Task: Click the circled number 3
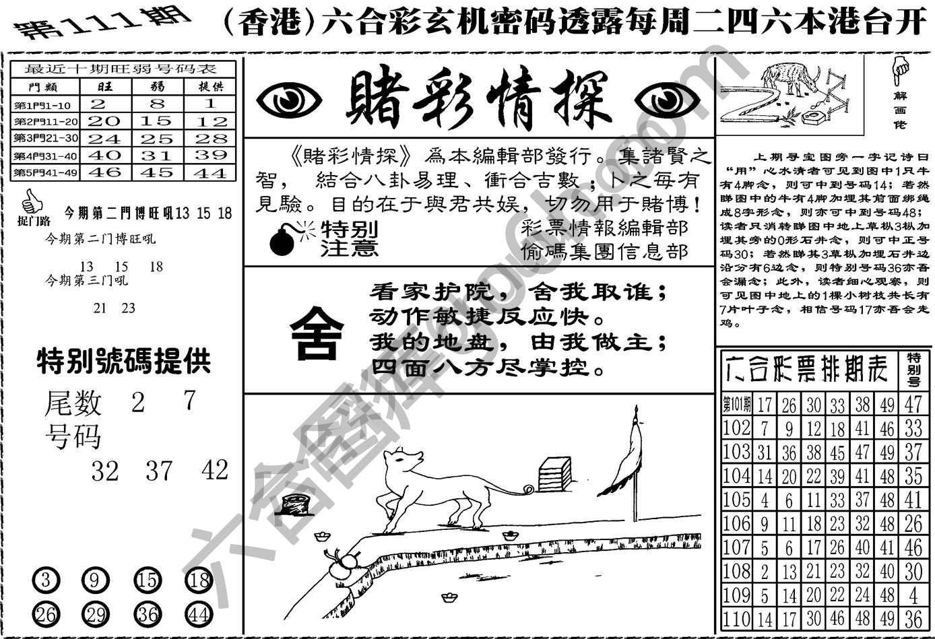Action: [x=46, y=580]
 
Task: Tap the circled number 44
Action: [x=198, y=614]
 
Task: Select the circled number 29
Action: [x=96, y=614]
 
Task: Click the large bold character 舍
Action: [x=317, y=332]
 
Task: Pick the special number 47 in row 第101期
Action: [x=913, y=404]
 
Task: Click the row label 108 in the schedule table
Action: [x=736, y=572]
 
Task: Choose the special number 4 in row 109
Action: [x=913, y=596]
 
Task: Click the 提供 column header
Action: [x=212, y=86]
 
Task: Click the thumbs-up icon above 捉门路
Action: [x=30, y=201]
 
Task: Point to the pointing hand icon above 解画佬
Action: [x=899, y=67]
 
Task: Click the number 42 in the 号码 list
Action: [x=215, y=470]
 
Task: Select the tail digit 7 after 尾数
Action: [x=189, y=401]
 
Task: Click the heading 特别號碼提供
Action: [x=123, y=362]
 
